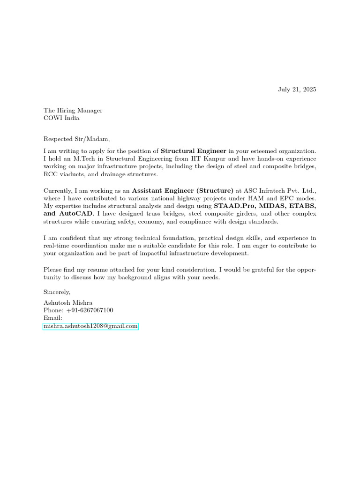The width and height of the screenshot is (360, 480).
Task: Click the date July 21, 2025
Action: [297, 89]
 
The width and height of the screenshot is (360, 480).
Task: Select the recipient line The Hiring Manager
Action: [73, 111]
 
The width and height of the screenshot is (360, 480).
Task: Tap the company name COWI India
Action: [61, 118]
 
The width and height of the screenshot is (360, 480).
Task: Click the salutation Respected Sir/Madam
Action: [77, 139]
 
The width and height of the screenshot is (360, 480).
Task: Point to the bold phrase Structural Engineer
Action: [194, 151]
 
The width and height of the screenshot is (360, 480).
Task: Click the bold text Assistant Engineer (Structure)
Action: [182, 190]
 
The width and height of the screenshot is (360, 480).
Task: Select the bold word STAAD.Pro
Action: [234, 206]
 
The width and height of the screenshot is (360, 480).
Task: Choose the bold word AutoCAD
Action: [76, 213]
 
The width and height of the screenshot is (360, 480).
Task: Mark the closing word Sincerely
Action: [57, 292]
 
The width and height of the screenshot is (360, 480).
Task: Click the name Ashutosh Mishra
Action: [68, 303]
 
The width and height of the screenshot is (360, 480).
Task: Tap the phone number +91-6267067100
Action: [89, 310]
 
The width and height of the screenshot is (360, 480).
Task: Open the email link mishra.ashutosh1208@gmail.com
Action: [90, 326]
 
